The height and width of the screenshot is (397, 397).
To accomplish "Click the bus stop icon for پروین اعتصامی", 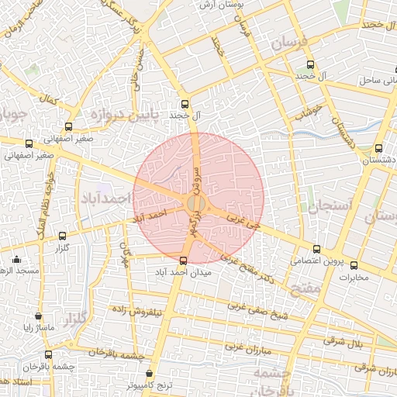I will click(316, 249).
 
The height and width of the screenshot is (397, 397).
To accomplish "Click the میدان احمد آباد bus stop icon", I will click(183, 261).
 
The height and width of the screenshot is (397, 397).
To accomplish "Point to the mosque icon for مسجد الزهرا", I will click(17, 259).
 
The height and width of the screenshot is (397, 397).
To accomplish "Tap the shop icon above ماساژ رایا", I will click(39, 316).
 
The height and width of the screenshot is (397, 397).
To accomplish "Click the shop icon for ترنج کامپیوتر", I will click(150, 373).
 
